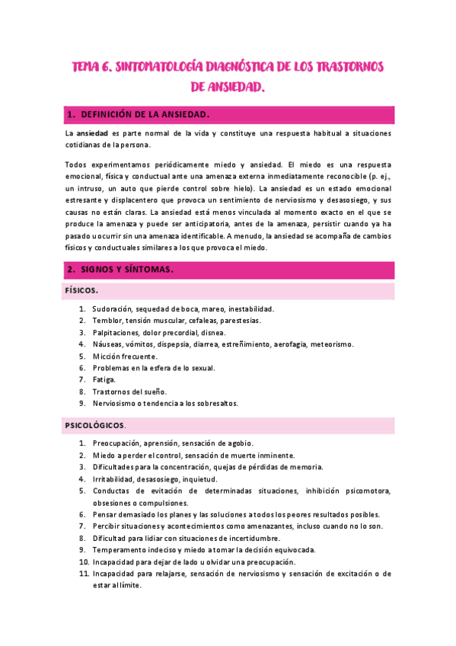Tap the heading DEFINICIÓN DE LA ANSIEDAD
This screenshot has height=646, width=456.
click(x=144, y=114)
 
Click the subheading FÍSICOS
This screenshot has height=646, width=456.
click(x=80, y=291)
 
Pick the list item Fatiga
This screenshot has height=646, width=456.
click(x=104, y=379)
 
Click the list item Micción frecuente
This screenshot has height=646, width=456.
click(x=125, y=356)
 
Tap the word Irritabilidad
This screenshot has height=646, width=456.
click(x=113, y=479)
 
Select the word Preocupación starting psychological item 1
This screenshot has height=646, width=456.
click(x=120, y=443)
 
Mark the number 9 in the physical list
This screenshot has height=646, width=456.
click(x=82, y=403)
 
